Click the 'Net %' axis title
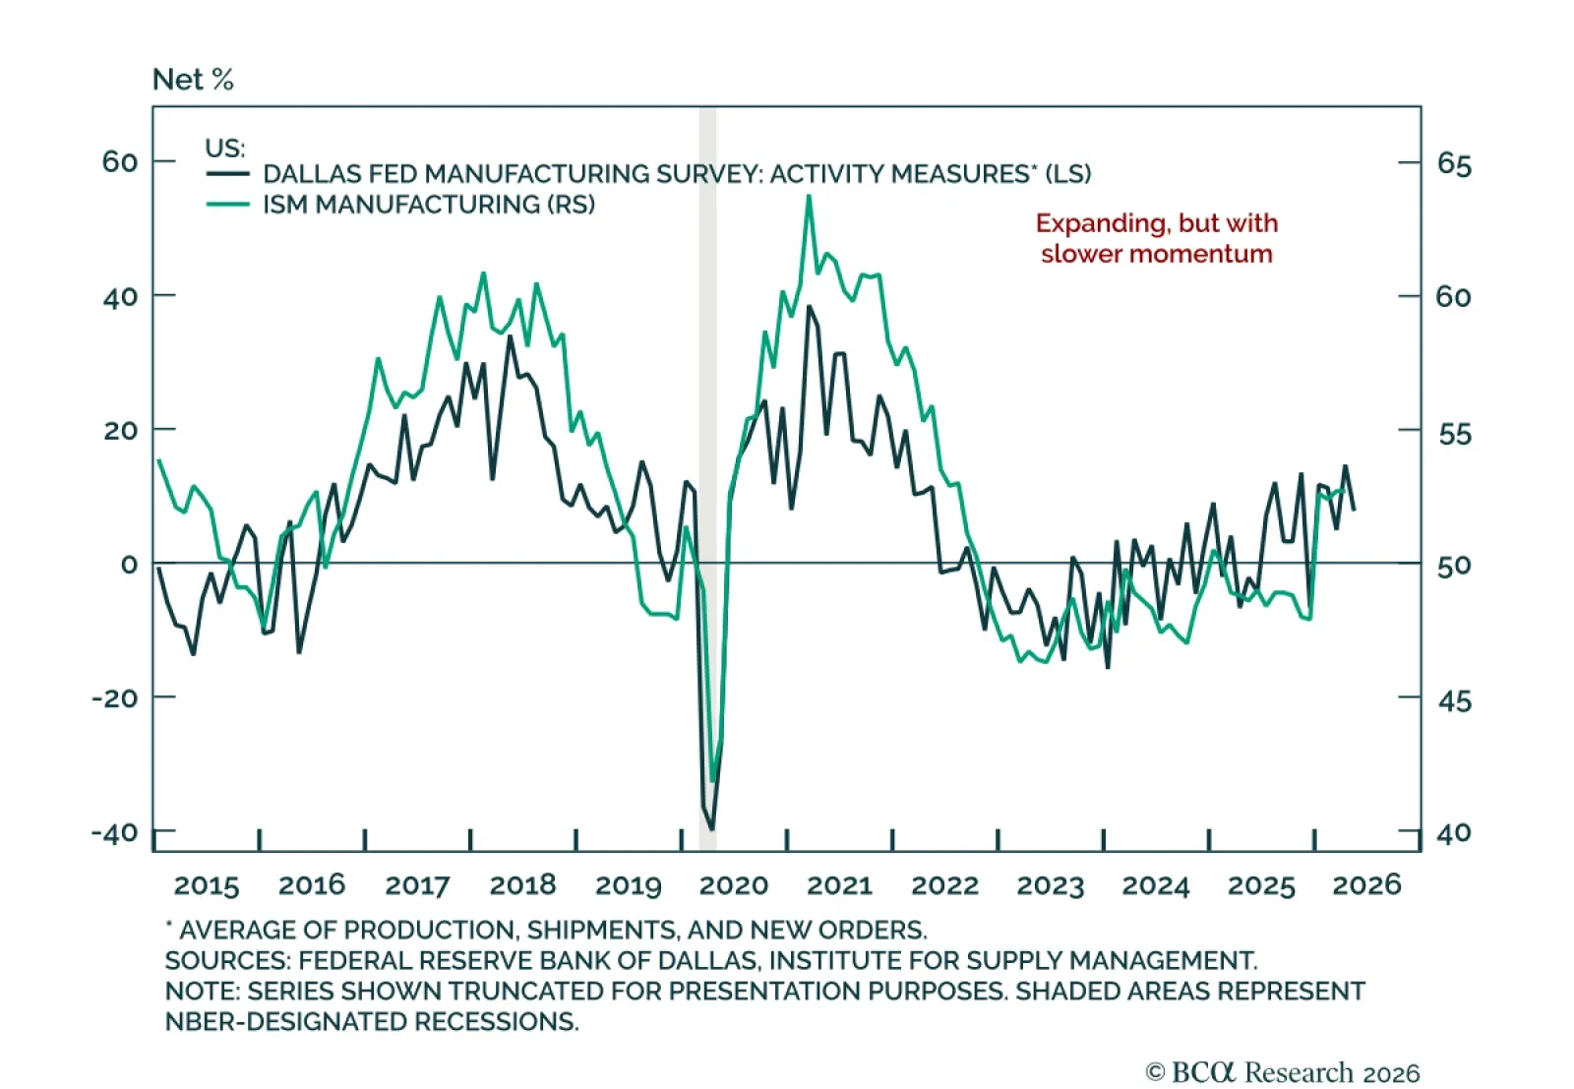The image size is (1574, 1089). click(193, 80)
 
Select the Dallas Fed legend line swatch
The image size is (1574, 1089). click(227, 173)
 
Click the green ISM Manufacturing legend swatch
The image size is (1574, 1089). click(227, 205)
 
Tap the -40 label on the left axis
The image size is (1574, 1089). click(115, 832)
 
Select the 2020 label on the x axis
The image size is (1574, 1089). click(734, 885)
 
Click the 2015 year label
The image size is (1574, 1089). click(207, 885)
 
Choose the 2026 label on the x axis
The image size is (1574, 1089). click(1366, 885)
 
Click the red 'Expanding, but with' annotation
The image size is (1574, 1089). click(1157, 223)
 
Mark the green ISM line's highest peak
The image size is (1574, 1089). click(809, 196)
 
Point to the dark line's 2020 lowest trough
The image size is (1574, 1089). click(712, 829)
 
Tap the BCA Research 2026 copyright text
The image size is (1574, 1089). click(1283, 1072)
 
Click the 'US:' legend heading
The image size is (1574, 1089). click(225, 149)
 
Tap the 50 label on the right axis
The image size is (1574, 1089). click(1454, 566)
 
